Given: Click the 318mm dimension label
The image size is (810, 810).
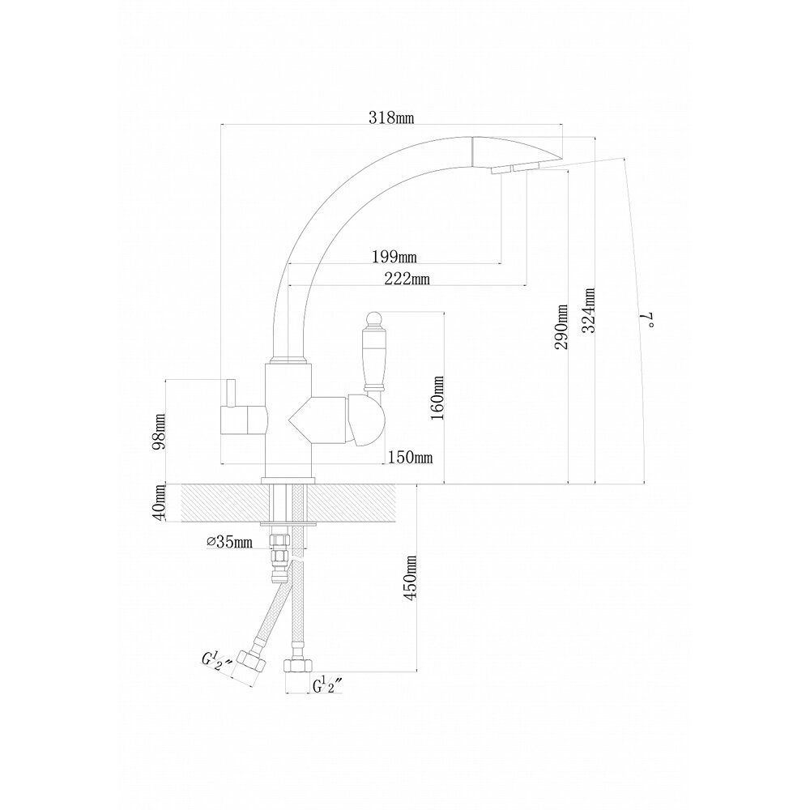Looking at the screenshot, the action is tap(391, 117).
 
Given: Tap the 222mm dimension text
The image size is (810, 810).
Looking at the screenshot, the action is tap(407, 279).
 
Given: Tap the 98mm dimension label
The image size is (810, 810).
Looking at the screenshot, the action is tap(160, 430).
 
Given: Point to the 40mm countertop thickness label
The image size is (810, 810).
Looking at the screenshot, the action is tap(160, 502).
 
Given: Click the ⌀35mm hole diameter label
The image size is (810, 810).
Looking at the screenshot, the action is tap(228, 542).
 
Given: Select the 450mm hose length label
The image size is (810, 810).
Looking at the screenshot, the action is tap(410, 578).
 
